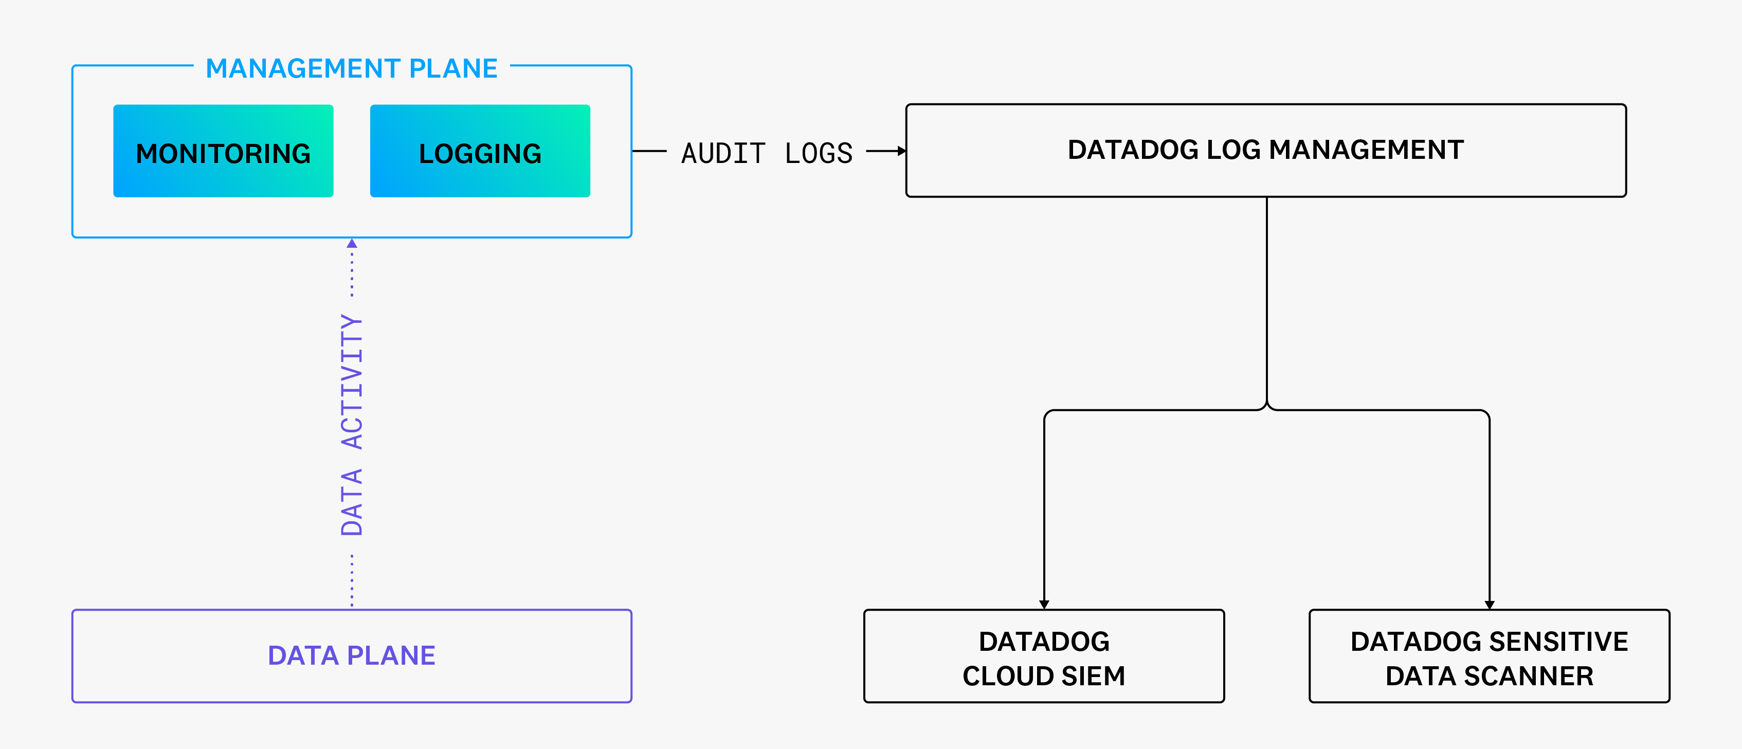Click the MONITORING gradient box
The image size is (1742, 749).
click(223, 151)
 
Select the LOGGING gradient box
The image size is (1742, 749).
click(480, 151)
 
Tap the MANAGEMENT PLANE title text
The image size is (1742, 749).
click(352, 68)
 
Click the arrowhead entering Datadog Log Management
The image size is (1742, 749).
click(901, 151)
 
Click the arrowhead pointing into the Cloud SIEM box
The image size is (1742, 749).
click(1044, 604)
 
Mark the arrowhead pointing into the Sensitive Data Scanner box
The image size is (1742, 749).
click(1490, 604)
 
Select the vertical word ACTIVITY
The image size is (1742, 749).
click(352, 382)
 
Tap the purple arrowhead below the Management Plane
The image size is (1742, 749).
click(352, 243)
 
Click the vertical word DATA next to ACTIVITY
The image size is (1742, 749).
click(352, 502)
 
